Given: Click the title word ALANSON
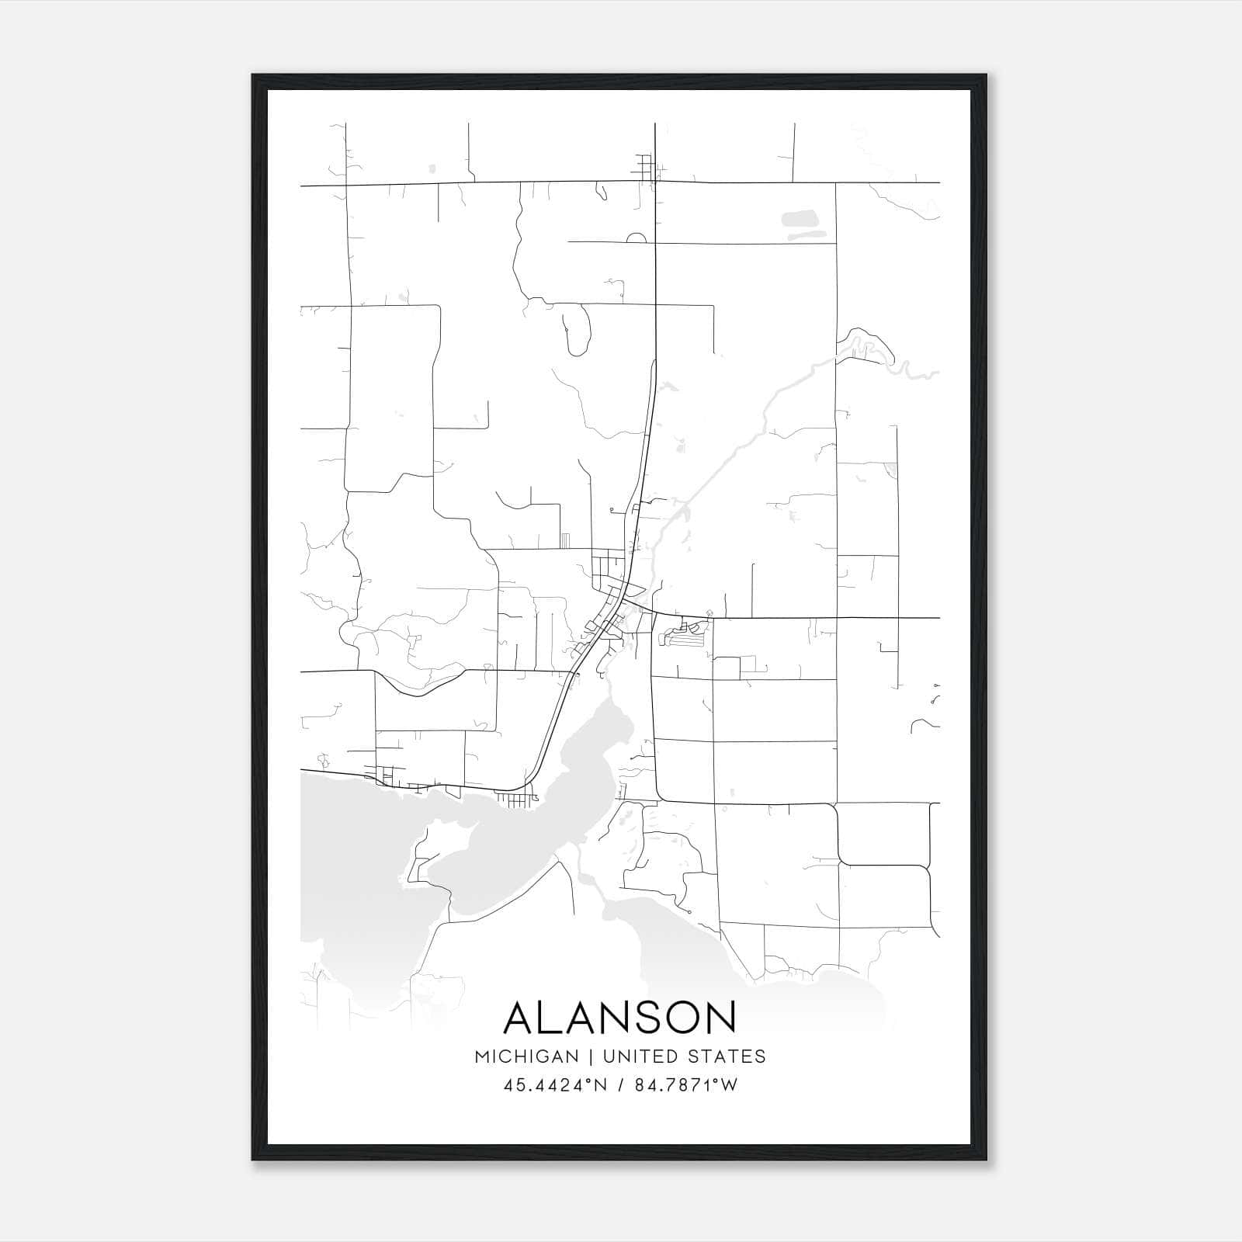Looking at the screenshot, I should click(x=620, y=1018).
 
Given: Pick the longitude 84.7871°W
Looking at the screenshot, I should click(x=686, y=1085).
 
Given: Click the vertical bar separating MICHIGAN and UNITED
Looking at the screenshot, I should click(x=590, y=1056).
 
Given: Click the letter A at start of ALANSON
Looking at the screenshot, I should click(x=521, y=1018).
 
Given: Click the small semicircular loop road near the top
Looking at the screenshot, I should click(x=636, y=238).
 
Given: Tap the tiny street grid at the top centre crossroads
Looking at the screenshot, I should click(x=646, y=167).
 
